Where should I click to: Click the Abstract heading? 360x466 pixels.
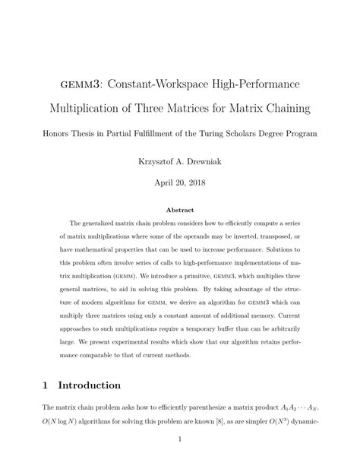pos(180,209)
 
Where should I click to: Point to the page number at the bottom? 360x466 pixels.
pos(180,439)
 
